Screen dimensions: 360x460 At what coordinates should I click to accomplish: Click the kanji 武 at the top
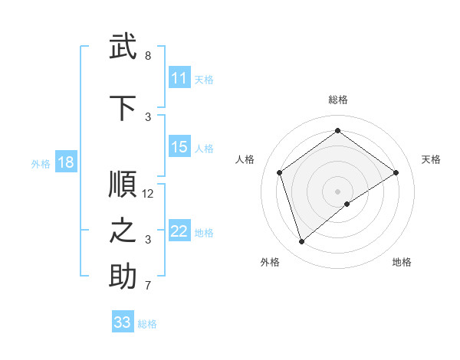pyautogui.click(x=123, y=47)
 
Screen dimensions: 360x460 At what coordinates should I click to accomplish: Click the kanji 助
pyautogui.click(x=123, y=277)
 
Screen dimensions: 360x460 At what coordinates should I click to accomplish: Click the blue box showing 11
pyautogui.click(x=179, y=78)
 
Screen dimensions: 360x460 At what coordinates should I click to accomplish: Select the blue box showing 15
pyautogui.click(x=179, y=147)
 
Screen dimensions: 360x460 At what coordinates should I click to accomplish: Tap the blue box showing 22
pyautogui.click(x=179, y=231)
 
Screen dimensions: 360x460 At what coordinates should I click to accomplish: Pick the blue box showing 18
pyautogui.click(x=65, y=162)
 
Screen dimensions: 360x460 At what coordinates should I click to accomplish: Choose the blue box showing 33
pyautogui.click(x=123, y=322)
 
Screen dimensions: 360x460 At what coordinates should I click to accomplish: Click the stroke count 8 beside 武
pyautogui.click(x=148, y=56)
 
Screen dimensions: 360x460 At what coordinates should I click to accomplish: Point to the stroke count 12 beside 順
pyautogui.click(x=148, y=194)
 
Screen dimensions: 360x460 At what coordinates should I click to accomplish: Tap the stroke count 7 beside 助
pyautogui.click(x=148, y=286)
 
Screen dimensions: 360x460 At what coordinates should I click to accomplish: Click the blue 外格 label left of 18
pyautogui.click(x=41, y=163)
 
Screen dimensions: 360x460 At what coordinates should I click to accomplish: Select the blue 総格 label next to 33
pyautogui.click(x=147, y=324)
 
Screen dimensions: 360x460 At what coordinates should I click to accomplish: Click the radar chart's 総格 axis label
pyautogui.click(x=337, y=100)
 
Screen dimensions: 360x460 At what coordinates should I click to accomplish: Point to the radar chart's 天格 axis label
pyautogui.click(x=431, y=159)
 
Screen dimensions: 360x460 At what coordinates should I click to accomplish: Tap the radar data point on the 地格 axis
pyautogui.click(x=347, y=204)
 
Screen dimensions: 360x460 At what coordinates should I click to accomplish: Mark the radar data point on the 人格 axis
pyautogui.click(x=280, y=172)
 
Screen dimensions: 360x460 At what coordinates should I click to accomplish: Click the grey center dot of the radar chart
pyautogui.click(x=337, y=190)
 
